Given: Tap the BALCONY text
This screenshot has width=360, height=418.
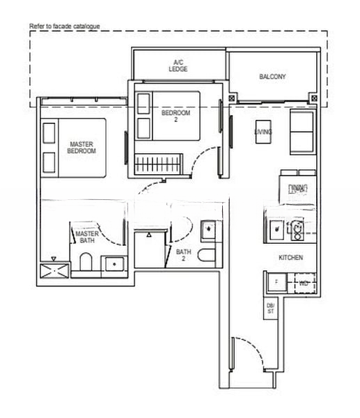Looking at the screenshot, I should click(272, 77).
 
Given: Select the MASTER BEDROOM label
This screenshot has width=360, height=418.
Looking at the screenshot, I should click(81, 147).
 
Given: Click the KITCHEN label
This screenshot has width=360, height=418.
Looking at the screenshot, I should click(290, 257).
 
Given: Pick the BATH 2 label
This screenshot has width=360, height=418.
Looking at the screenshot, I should click(184, 255).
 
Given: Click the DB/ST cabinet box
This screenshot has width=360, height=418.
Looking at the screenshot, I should click(270, 309).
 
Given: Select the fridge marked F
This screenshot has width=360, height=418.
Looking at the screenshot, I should click(276, 283).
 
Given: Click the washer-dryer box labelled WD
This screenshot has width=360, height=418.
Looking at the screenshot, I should click(304, 283).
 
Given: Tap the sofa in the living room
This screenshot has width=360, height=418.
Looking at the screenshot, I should click(302, 132).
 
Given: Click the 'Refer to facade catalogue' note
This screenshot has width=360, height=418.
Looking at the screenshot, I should click(65, 26).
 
